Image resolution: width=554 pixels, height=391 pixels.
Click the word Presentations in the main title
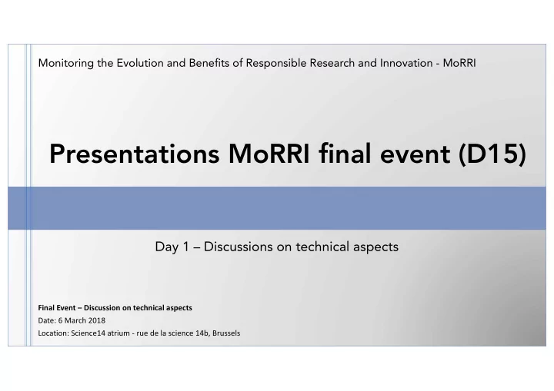point(135,154)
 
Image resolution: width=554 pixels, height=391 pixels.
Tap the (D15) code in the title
point(492,154)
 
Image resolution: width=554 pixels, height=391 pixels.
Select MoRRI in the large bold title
point(269,154)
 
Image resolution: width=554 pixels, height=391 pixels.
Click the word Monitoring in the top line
point(66,64)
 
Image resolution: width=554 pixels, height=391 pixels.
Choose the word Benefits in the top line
point(209,63)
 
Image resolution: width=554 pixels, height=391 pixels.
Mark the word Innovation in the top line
point(406,63)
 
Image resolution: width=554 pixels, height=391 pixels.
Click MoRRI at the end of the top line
point(459,63)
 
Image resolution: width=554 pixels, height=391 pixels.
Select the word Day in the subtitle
point(167,247)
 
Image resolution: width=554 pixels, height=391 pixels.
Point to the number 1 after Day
point(186,247)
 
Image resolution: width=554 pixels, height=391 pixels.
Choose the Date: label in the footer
point(47,320)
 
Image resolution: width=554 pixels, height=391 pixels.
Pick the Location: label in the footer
point(53,333)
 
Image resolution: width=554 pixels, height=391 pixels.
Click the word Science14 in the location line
point(88,333)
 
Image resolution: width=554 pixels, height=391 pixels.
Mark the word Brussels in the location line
point(226,333)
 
